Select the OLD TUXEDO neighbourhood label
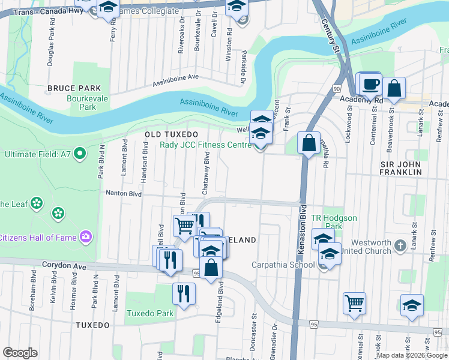pos(171,134)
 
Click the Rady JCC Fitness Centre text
pos(205,145)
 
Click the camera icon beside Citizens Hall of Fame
pos(88,237)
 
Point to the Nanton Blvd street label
pos(124,194)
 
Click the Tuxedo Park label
pos(149,313)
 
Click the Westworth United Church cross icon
pos(414,245)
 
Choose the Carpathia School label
pos(283,265)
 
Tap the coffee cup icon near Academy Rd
pos(371,84)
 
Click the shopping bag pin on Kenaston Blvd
pos(309,144)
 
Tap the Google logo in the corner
pos(20,353)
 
